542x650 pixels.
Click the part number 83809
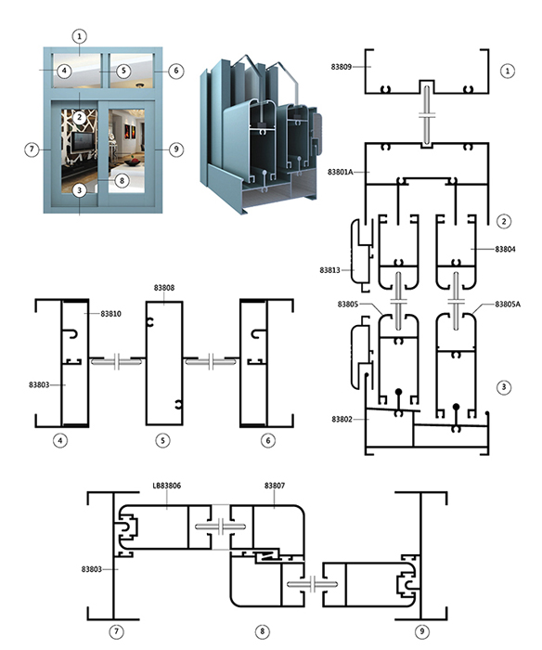(341, 67)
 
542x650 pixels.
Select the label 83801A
(341, 172)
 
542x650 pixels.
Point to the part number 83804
(505, 249)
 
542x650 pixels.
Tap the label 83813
(329, 270)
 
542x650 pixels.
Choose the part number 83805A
(508, 305)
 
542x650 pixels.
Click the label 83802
(342, 419)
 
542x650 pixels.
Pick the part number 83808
(164, 288)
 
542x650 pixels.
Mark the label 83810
(111, 314)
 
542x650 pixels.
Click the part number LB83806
(167, 486)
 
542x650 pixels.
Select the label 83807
(275, 486)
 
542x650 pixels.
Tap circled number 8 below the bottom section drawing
(262, 631)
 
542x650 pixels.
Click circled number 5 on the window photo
(123, 71)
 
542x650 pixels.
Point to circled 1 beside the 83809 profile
(508, 71)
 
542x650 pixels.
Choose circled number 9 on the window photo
(176, 149)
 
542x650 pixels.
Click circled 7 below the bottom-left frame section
(116, 631)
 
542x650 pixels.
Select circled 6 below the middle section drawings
(268, 440)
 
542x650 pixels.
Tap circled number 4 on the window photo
(64, 71)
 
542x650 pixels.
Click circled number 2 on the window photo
(79, 117)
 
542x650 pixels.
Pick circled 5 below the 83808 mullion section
(162, 440)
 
